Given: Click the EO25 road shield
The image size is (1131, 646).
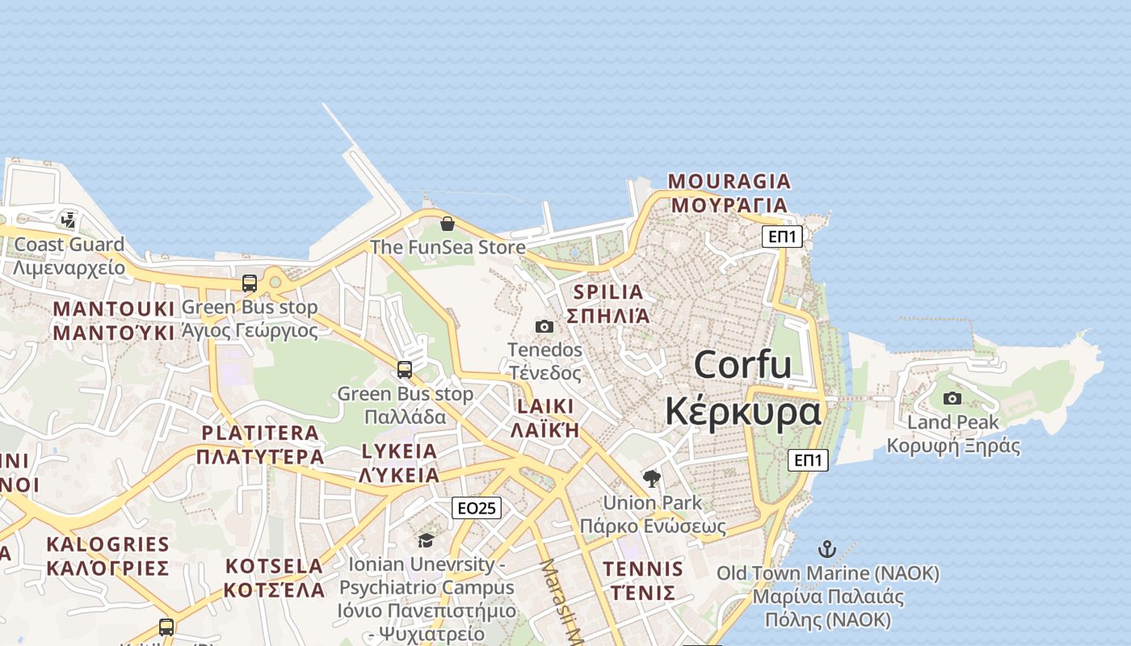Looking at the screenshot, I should [x=476, y=508].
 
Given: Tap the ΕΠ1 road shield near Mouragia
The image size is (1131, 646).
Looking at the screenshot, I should [x=782, y=237].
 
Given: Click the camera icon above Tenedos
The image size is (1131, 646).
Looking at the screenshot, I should [x=544, y=326].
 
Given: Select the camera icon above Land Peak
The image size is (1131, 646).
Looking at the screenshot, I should [x=952, y=398].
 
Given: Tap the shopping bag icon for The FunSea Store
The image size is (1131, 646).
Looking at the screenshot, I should [x=447, y=224].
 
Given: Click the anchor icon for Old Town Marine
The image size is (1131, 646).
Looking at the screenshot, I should [x=826, y=550].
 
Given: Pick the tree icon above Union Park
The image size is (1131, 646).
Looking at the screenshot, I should [x=652, y=479].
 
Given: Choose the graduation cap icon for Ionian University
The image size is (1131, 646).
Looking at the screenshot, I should [x=426, y=540].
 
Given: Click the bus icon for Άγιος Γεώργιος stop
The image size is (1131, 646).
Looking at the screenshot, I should [x=250, y=283].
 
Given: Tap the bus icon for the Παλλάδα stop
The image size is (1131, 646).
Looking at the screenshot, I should [x=405, y=370].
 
